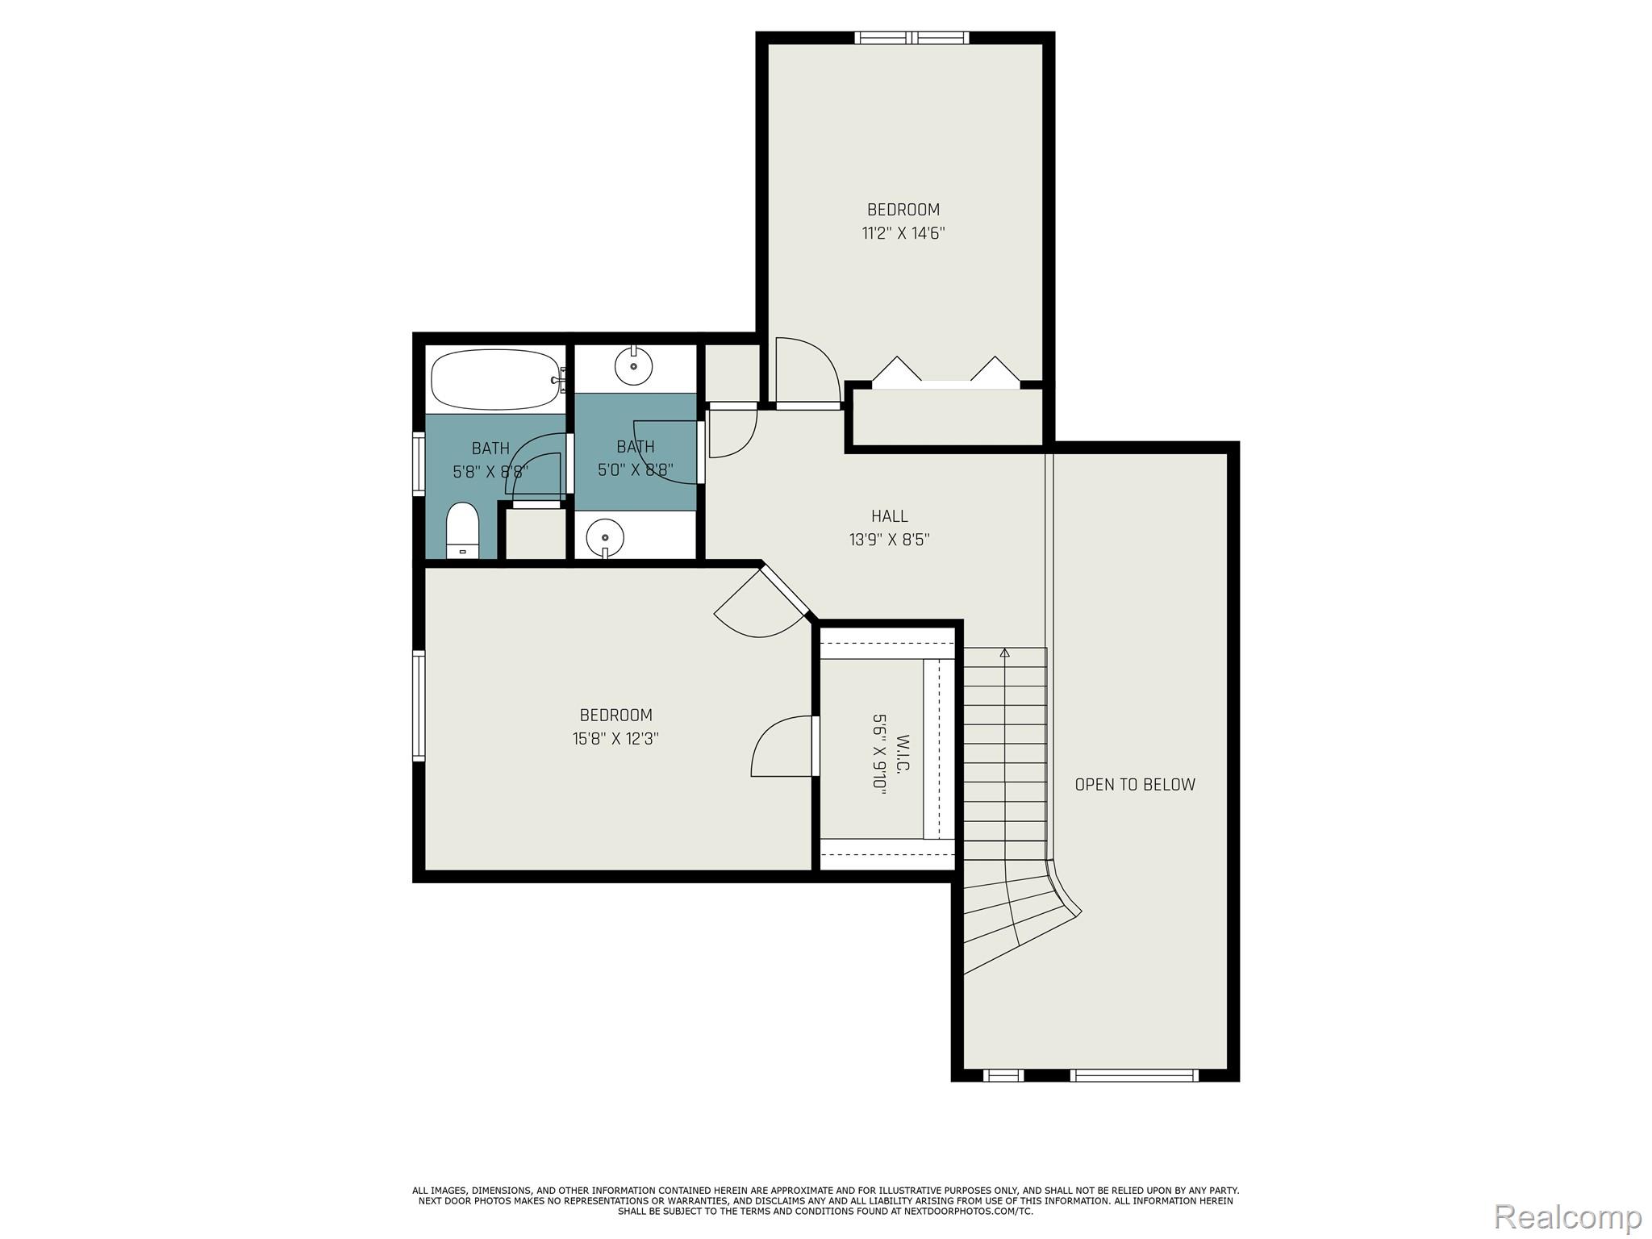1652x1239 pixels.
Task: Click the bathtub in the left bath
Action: point(496,379)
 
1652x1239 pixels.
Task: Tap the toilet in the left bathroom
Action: point(462,530)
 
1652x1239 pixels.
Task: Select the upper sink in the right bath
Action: point(633,367)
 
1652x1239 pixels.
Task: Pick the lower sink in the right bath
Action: point(605,536)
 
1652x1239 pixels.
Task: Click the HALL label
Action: point(889,516)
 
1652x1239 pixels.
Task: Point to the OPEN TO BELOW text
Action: point(1135,784)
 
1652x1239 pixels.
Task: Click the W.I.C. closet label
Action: point(903,753)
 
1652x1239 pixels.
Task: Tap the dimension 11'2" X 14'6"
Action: point(903,234)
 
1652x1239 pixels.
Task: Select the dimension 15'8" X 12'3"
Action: point(615,739)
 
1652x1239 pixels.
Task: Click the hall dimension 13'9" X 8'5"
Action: point(889,540)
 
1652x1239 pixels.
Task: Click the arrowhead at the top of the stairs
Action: point(1004,653)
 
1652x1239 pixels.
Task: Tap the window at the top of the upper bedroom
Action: point(912,37)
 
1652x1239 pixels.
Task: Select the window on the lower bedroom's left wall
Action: point(419,706)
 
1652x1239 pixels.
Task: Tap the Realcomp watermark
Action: point(1567,1216)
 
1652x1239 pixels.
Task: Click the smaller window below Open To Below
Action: point(1003,1074)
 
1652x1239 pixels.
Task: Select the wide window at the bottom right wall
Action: point(1133,1074)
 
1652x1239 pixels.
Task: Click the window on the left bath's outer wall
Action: point(419,462)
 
